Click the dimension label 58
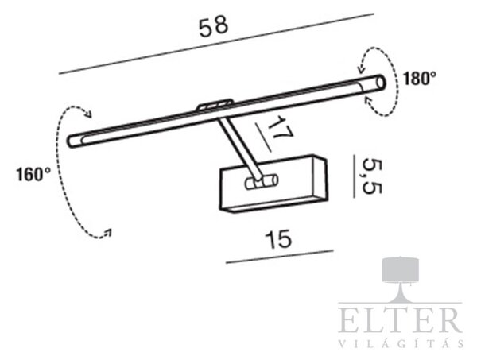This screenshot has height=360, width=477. pos(213,27)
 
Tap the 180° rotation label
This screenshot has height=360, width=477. pos(420,79)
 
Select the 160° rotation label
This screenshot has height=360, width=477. pos(33,175)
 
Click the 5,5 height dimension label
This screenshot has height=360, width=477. pos(371,176)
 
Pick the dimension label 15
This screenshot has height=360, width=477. pos(278,239)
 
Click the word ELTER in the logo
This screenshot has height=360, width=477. pos(401,320)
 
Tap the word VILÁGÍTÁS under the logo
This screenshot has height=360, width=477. pos(401,343)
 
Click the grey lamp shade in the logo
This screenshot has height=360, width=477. pos(401,269)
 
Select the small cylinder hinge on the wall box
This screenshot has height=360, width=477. pos(262,182)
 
